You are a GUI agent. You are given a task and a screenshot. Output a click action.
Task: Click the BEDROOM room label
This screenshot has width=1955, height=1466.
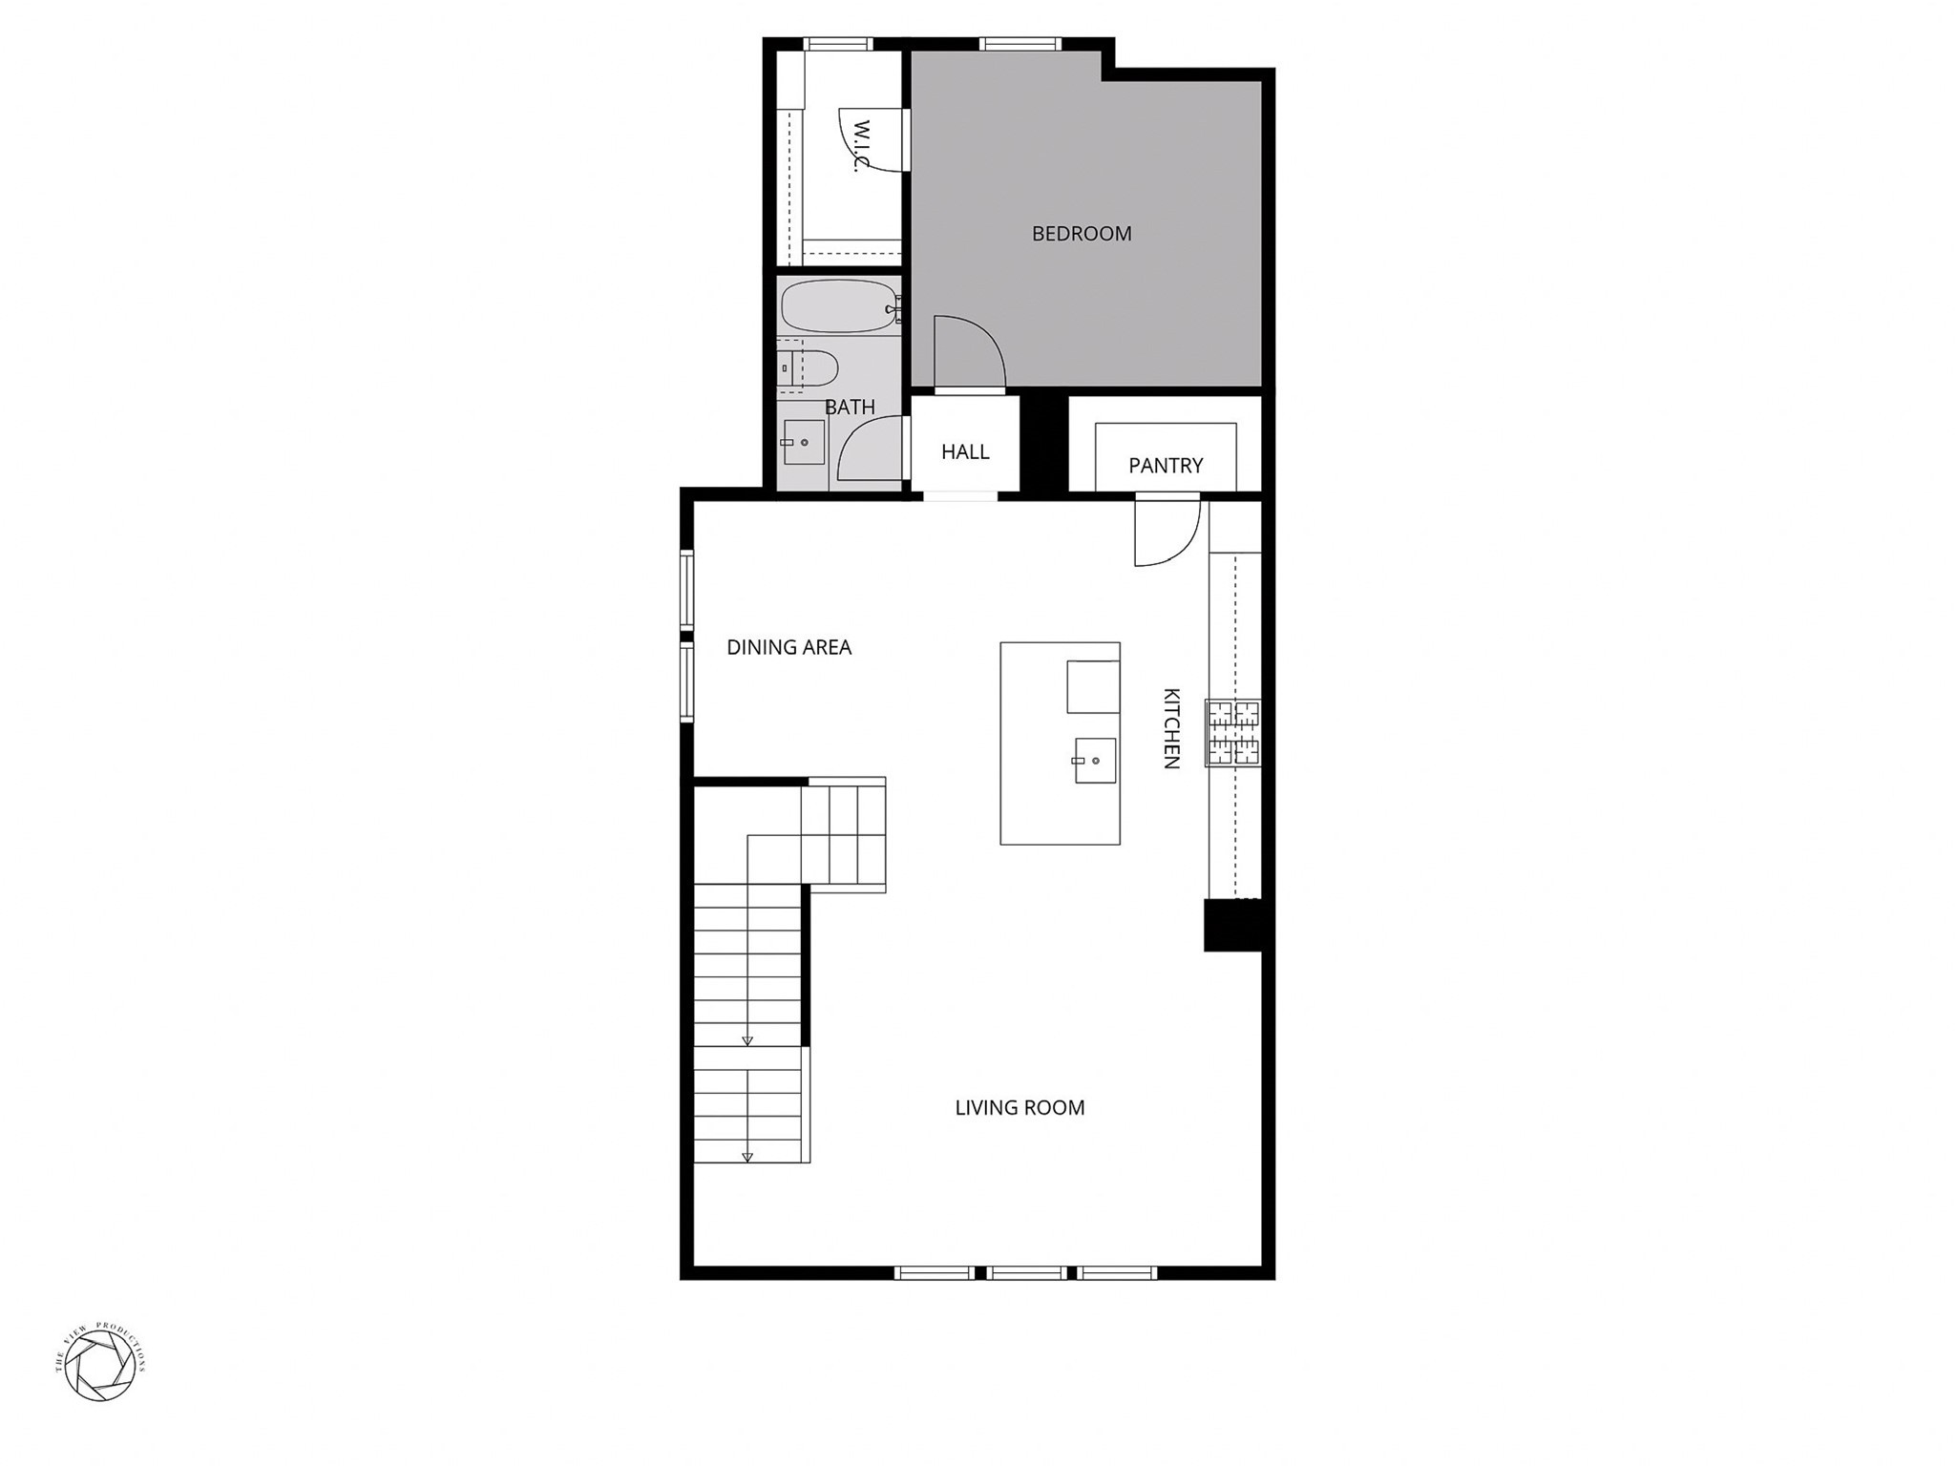[1082, 234]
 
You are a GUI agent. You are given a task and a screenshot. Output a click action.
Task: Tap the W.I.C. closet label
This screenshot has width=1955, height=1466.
[862, 145]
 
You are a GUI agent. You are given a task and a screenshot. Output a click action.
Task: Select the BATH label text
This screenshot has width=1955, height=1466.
[850, 408]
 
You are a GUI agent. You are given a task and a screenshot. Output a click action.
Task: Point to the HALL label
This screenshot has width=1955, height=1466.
[965, 451]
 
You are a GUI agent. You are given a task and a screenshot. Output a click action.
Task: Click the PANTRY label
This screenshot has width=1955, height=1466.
[1166, 466]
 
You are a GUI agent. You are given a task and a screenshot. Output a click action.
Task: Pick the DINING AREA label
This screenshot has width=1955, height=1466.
[788, 647]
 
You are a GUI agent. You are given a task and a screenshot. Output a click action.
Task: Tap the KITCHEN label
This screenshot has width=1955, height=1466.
[1172, 728]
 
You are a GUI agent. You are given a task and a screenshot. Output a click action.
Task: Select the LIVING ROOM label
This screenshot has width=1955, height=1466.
[1020, 1108]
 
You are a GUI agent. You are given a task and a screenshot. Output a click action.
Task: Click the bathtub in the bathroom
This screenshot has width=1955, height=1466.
[838, 306]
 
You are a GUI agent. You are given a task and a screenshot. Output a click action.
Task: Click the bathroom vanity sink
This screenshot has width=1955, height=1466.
[803, 443]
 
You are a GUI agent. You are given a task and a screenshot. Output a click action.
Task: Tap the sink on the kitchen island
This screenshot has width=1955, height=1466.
[1094, 761]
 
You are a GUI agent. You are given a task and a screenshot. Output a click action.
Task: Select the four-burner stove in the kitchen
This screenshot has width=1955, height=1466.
[1233, 733]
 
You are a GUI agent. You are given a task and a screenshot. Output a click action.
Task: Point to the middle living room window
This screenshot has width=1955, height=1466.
[1026, 1272]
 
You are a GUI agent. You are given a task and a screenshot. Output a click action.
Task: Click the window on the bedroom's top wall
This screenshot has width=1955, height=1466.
[1020, 44]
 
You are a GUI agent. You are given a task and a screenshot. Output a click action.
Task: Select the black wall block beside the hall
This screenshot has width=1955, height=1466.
[1043, 444]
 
